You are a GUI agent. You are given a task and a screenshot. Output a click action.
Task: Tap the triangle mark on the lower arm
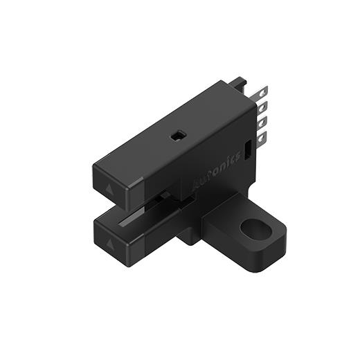coord(110,242)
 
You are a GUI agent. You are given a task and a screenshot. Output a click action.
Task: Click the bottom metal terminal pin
coord(261,136)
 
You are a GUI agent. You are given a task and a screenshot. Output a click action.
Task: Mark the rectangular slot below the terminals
coord(246,152)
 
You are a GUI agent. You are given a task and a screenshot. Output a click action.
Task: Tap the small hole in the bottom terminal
coord(262,138)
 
